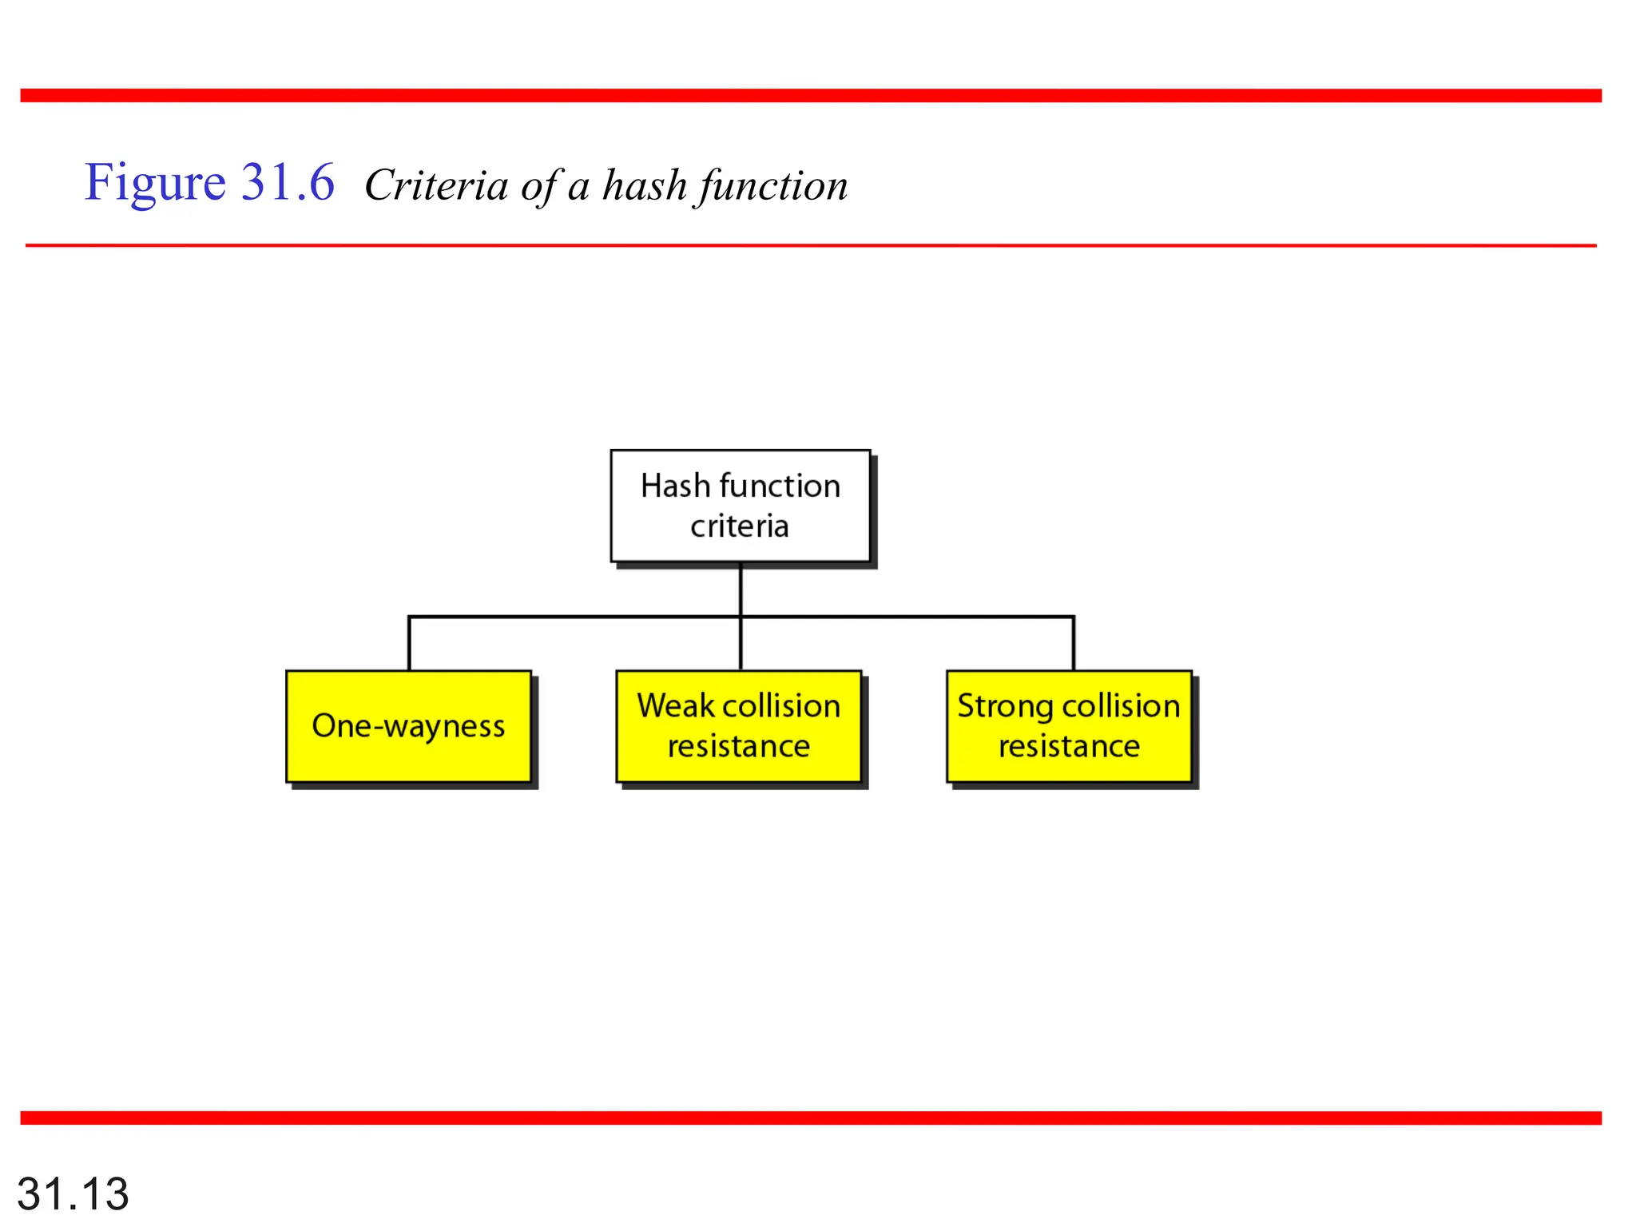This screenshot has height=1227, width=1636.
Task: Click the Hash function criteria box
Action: click(740, 506)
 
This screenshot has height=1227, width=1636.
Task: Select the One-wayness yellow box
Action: click(408, 726)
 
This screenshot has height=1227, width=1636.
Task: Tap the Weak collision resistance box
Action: click(739, 726)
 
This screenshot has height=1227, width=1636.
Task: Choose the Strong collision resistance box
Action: click(1069, 726)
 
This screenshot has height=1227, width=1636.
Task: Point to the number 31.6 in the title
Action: click(288, 182)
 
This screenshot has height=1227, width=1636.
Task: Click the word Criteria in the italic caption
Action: click(436, 186)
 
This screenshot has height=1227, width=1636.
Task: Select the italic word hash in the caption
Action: click(645, 186)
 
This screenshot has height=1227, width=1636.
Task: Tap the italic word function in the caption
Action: click(772, 186)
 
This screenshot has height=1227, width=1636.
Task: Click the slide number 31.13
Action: click(73, 1193)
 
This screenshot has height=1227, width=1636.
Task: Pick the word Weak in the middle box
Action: click(675, 706)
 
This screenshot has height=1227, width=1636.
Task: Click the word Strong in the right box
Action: click(1006, 706)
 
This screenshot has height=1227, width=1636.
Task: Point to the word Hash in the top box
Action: click(675, 486)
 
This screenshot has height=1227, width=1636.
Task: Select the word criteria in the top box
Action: click(740, 526)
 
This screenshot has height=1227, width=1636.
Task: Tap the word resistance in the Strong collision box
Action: click(1069, 747)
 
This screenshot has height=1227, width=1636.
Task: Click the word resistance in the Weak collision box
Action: click(739, 747)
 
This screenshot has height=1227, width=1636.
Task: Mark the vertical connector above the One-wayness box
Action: click(409, 644)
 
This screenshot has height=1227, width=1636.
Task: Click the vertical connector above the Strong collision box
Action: click(1074, 644)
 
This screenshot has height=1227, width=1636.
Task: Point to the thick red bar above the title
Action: click(811, 96)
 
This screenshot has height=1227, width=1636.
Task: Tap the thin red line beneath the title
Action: click(811, 245)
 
